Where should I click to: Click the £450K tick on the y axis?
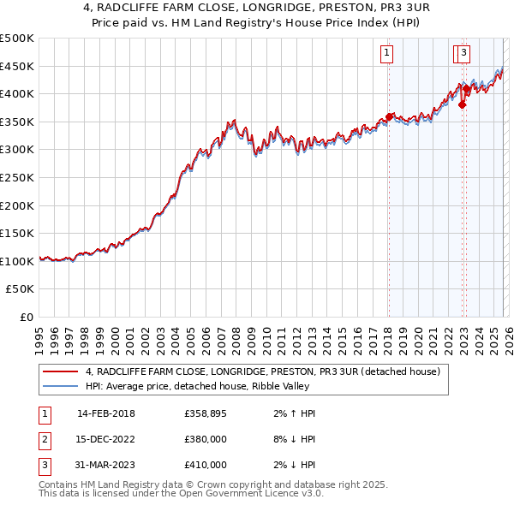[x=17, y=66]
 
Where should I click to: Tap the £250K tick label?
[x=17, y=177]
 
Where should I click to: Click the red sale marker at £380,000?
[x=462, y=105]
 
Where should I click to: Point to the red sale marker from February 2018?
[x=389, y=117]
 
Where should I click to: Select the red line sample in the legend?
[x=62, y=371]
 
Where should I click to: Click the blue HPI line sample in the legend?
[x=62, y=386]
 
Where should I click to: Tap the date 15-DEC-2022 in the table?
[x=105, y=439]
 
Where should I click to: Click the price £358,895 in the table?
[x=205, y=413]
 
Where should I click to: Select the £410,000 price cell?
[x=205, y=465]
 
